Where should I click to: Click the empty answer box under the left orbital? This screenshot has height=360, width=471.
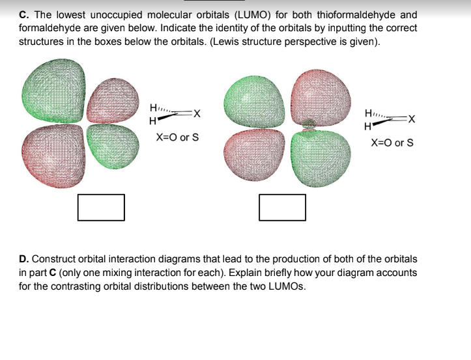pos(101,206)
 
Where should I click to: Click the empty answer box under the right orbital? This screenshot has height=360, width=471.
pos(282,206)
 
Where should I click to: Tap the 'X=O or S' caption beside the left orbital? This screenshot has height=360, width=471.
pos(177,138)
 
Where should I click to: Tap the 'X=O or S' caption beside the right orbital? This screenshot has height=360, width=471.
pos(392,143)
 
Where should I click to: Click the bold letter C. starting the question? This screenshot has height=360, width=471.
pos(23,14)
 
